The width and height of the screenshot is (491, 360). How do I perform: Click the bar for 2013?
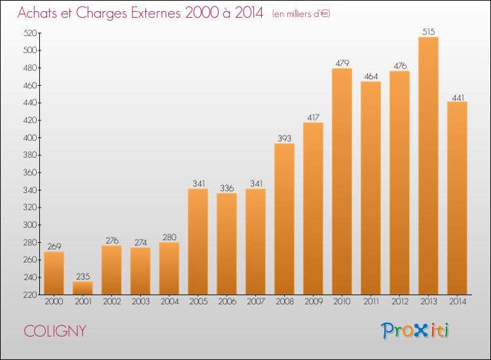click(428, 166)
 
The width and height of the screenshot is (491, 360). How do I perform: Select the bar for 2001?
click(82, 288)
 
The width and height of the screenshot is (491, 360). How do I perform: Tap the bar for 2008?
click(284, 219)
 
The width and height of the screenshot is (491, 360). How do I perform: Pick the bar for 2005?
click(198, 242)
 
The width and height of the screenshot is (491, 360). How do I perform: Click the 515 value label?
click(428, 31)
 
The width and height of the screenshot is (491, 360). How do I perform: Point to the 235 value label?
click(82, 276)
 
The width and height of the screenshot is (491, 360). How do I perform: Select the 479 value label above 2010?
click(342, 63)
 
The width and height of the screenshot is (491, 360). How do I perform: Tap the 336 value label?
click(227, 188)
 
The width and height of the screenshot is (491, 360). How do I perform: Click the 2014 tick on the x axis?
click(458, 302)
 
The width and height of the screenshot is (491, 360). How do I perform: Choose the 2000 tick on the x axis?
click(54, 302)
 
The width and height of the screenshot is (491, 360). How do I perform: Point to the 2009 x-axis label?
click(313, 302)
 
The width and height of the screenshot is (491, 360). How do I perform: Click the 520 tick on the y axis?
click(30, 33)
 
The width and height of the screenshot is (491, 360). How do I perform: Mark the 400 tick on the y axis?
click(30, 137)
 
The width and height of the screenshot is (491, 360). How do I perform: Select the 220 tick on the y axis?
click(30, 295)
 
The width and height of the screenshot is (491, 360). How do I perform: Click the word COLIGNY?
click(55, 331)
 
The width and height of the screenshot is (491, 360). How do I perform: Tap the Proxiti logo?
click(414, 331)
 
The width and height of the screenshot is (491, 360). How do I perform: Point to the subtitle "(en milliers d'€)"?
click(301, 14)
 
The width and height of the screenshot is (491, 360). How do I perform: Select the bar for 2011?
click(371, 188)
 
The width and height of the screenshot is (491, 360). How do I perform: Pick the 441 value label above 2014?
click(458, 98)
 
